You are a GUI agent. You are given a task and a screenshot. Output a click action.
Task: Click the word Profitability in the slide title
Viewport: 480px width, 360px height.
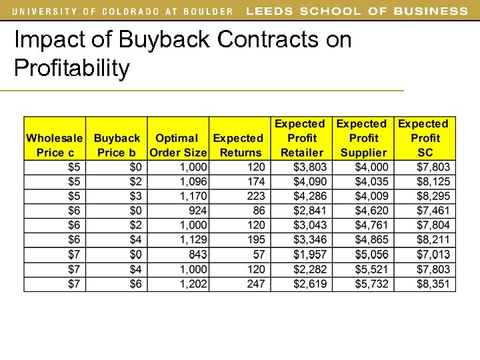tap(72, 68)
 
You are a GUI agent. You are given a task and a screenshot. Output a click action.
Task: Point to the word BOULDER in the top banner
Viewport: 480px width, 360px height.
tap(207, 11)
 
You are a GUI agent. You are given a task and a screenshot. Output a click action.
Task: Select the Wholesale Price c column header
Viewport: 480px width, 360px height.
tap(55, 145)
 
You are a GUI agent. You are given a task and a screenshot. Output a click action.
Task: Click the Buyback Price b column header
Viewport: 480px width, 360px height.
tap(117, 145)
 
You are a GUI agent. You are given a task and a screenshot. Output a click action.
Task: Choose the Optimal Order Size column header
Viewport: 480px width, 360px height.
tap(177, 145)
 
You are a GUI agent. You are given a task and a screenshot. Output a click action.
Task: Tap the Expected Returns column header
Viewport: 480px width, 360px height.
tap(239, 145)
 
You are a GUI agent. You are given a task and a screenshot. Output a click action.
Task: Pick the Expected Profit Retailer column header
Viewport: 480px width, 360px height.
tap(301, 138)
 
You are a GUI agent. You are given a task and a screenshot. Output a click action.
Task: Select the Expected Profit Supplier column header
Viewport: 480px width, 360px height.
tap(363, 138)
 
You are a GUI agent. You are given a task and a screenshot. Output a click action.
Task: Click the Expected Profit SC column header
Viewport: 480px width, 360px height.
tap(425, 138)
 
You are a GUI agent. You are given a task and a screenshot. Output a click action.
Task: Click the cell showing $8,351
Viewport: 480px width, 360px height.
tap(433, 284)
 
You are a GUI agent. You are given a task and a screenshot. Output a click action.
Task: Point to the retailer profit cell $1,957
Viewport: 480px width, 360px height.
tap(311, 255)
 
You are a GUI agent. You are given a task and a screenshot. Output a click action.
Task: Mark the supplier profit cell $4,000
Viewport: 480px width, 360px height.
tap(371, 167)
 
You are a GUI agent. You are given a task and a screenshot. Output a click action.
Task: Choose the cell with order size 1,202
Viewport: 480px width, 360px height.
tap(193, 284)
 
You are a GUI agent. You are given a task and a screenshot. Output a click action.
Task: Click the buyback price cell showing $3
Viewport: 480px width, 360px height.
tap(135, 196)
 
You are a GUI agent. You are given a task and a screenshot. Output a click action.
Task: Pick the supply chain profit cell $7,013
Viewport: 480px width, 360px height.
tap(433, 255)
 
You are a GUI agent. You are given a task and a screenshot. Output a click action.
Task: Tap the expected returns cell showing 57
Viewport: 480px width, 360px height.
tap(259, 255)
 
